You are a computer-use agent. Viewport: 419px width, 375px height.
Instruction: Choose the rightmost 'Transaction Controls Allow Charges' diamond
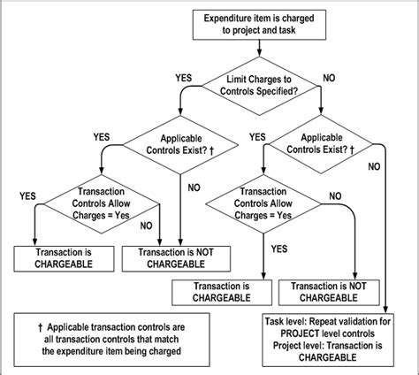point(263,204)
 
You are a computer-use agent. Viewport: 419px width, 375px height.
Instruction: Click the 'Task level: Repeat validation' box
point(329,339)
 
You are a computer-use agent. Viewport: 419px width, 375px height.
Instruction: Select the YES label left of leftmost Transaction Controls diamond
point(27,195)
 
